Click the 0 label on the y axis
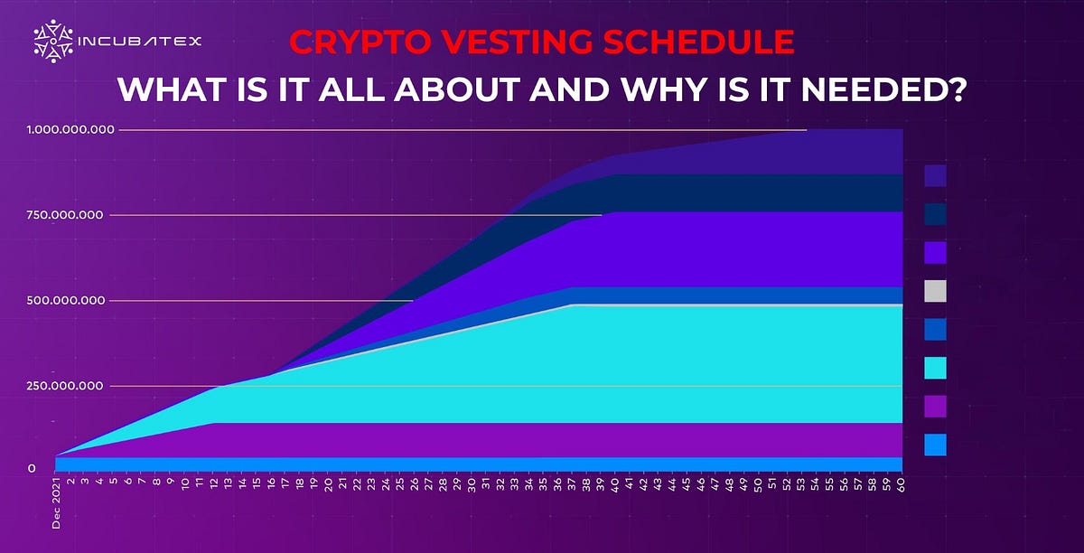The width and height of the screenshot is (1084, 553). pyautogui.click(x=32, y=468)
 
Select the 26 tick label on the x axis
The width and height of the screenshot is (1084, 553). pyautogui.click(x=413, y=485)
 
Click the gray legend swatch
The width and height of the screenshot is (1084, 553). pyautogui.click(x=935, y=291)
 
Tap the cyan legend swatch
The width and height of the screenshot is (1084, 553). pyautogui.click(x=935, y=368)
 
